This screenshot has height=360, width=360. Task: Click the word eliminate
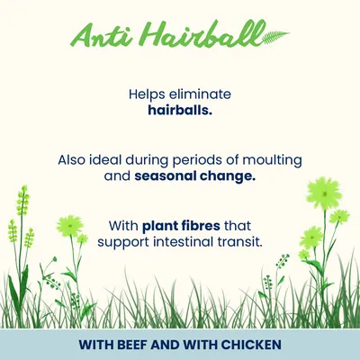[x=202, y=93]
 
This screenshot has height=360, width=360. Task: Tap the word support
[x=130, y=240]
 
